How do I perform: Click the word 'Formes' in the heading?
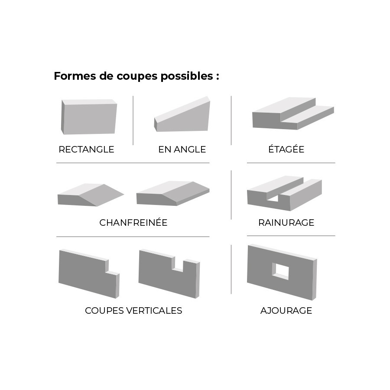(75, 76)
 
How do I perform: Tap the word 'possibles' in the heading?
(187, 76)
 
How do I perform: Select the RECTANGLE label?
(86, 149)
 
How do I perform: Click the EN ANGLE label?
(182, 149)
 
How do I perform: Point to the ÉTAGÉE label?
(286, 149)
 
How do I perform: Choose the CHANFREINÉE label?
(133, 222)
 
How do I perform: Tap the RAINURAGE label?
(286, 222)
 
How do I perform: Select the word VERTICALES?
(154, 310)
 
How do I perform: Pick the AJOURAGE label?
(286, 310)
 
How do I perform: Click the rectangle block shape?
(89, 117)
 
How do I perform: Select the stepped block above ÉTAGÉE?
(293, 114)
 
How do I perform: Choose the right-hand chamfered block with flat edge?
(173, 193)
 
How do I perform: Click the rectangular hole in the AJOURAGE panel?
(280, 271)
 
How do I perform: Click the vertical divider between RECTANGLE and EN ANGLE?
(133, 120)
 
